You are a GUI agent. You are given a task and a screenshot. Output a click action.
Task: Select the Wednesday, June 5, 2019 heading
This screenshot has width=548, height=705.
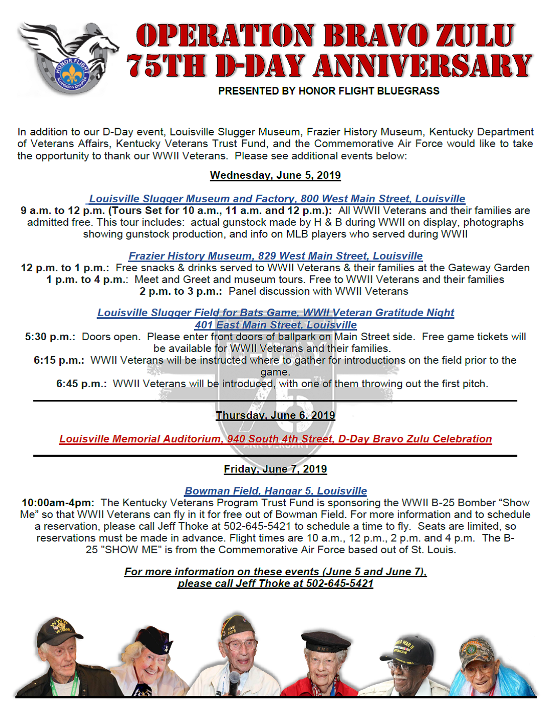(x=275, y=175)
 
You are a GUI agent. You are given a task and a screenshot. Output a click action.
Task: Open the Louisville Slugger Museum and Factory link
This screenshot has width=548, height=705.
(x=277, y=199)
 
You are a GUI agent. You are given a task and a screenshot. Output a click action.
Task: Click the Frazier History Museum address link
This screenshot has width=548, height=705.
(x=276, y=256)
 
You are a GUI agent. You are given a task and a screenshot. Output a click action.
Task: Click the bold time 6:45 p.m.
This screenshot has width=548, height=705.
(x=81, y=384)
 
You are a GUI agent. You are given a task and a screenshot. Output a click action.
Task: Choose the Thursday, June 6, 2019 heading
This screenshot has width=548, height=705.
(x=275, y=415)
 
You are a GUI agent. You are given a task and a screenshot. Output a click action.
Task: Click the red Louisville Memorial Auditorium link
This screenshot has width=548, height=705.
(x=275, y=439)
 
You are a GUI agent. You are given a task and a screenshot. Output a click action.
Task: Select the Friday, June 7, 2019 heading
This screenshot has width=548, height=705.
(x=275, y=469)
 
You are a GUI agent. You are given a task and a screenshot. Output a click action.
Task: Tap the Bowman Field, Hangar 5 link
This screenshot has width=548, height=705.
(x=276, y=491)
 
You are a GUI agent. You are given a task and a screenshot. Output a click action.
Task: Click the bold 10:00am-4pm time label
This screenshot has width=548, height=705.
(x=58, y=503)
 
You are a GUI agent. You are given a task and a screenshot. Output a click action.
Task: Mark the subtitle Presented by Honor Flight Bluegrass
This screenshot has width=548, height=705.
(x=329, y=91)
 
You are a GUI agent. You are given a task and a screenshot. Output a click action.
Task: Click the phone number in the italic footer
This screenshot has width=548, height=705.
(x=339, y=583)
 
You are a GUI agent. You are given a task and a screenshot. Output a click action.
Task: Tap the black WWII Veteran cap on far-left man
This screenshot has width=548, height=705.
(x=60, y=629)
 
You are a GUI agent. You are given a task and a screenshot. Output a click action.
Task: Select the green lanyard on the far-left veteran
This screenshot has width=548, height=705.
(x=74, y=682)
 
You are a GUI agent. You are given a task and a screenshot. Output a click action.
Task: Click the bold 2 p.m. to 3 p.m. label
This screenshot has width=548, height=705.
(x=180, y=291)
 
